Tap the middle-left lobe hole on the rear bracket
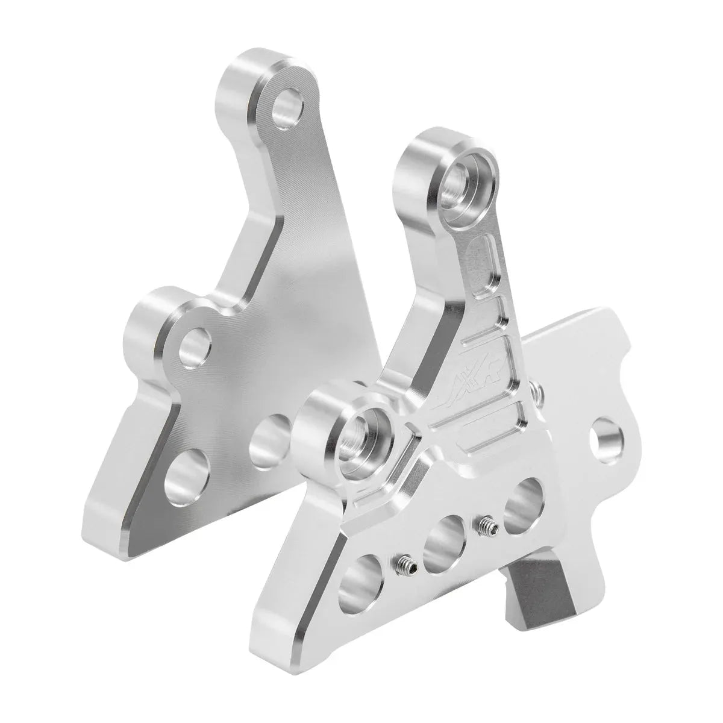tap(197, 348)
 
